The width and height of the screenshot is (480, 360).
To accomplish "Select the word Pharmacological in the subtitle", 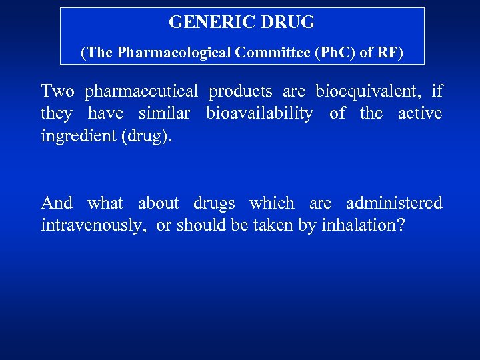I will click(175, 53).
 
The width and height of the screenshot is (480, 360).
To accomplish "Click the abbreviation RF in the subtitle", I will click(389, 53).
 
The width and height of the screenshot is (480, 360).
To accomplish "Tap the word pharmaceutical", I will click(141, 91).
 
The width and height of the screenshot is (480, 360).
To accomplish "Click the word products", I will click(240, 91).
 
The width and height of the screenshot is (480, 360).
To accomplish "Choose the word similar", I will click(164, 114).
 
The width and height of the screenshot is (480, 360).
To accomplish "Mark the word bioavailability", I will click(259, 114).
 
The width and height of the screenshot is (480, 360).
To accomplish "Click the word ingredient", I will click(77, 137).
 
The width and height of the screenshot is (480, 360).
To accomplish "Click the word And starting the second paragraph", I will click(57, 203).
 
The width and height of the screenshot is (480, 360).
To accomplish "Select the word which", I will click(271, 203).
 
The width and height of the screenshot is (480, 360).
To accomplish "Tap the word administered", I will click(394, 203).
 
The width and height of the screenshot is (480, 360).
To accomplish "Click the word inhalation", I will click(358, 225).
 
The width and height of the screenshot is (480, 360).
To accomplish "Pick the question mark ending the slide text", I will click(400, 225).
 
